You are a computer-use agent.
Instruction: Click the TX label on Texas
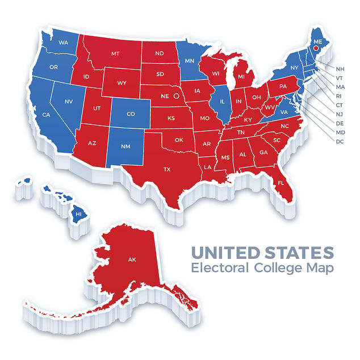click(x=167, y=170)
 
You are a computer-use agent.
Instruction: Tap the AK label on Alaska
click(x=132, y=259)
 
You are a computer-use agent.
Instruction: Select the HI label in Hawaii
click(x=79, y=214)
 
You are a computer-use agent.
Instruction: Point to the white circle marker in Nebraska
click(x=176, y=97)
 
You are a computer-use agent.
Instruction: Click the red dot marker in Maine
click(x=316, y=56)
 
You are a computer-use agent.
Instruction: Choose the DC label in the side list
click(x=340, y=141)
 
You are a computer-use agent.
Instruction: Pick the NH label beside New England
click(x=340, y=68)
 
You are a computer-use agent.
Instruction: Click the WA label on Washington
click(x=63, y=43)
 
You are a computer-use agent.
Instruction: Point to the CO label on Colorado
click(x=131, y=114)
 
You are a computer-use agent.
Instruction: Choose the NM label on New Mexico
click(x=127, y=146)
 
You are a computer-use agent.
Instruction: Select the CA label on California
click(x=47, y=115)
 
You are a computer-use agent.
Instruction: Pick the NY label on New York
click(x=294, y=68)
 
